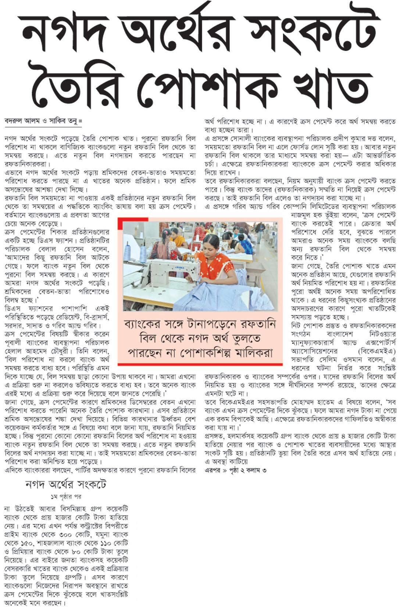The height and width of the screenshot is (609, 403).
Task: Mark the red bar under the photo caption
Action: (200, 364)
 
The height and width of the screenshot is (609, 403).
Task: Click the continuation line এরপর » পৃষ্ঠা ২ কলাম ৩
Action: (235, 470)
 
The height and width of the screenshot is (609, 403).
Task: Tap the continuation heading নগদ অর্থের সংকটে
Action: (66, 484)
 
